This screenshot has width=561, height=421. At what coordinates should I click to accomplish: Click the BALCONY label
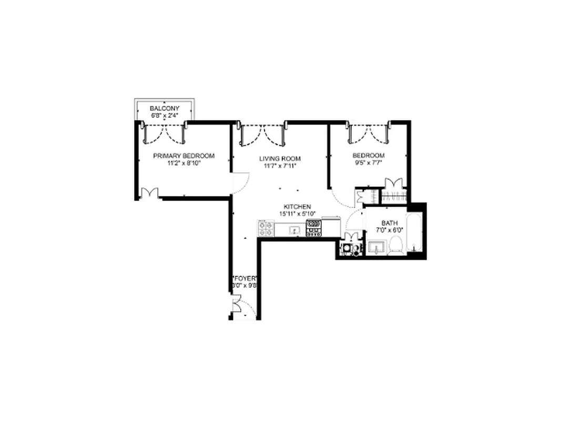[x=164, y=108]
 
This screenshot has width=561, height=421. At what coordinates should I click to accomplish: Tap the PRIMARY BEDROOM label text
[x=183, y=156]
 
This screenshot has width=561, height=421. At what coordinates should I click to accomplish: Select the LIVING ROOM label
[x=280, y=158]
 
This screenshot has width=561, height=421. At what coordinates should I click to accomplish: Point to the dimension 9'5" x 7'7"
[x=368, y=163]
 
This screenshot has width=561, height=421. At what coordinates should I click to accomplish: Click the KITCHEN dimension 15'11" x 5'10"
[x=297, y=214]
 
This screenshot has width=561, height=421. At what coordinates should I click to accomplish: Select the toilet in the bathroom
[x=396, y=246]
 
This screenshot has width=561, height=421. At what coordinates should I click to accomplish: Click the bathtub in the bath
[x=416, y=234]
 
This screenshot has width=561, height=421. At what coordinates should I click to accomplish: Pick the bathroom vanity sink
[x=377, y=246]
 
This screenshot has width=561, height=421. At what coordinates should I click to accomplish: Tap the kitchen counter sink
[x=294, y=230]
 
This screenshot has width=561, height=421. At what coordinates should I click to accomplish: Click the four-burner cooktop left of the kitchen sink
[x=266, y=228]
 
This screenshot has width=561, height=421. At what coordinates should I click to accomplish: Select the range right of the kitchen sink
[x=314, y=228]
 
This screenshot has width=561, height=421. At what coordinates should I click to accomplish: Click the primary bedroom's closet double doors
[x=150, y=193]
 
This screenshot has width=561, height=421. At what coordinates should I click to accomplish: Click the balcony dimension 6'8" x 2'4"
[x=164, y=115]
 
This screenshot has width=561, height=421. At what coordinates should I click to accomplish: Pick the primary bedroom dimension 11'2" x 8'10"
[x=183, y=163]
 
